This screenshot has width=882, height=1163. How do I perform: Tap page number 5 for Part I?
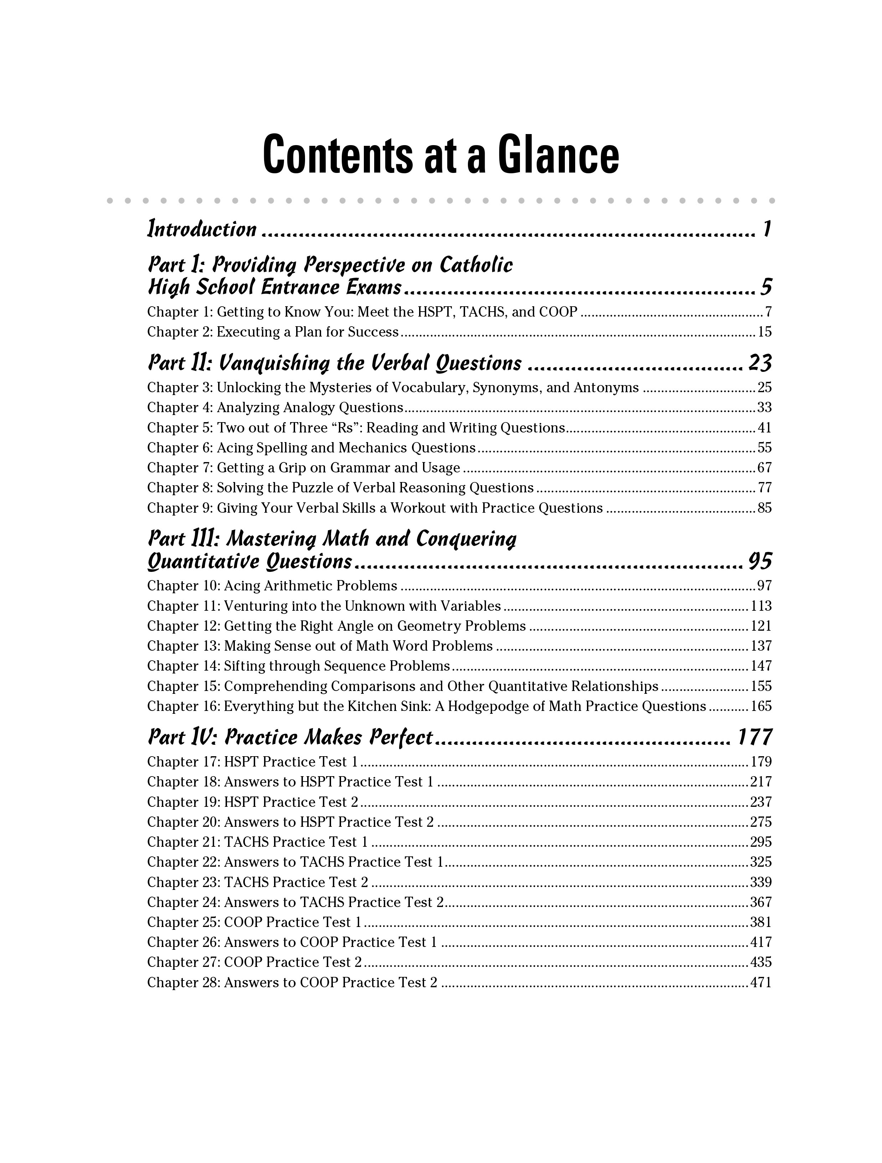(x=766, y=287)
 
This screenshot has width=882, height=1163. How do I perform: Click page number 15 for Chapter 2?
(x=764, y=332)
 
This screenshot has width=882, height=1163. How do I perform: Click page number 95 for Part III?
(x=759, y=562)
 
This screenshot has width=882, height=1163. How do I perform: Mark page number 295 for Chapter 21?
(x=760, y=842)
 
